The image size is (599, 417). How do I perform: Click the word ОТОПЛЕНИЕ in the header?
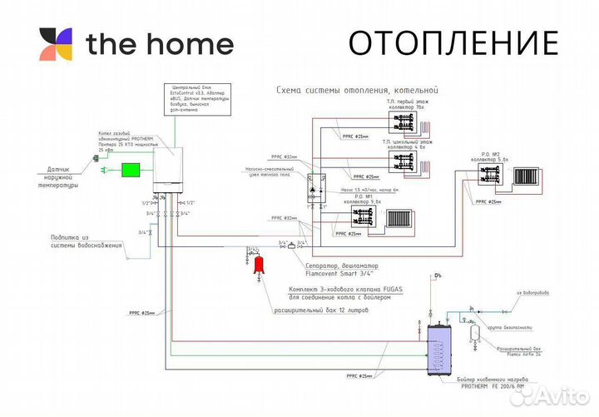pyautogui.click(x=453, y=42)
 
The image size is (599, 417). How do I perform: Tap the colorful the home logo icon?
pyautogui.click(x=56, y=44)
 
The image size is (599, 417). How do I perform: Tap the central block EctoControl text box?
pyautogui.click(x=191, y=99)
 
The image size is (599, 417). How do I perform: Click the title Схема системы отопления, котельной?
pyautogui.click(x=357, y=89)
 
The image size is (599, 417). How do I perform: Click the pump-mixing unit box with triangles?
pyautogui.click(x=316, y=187)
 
